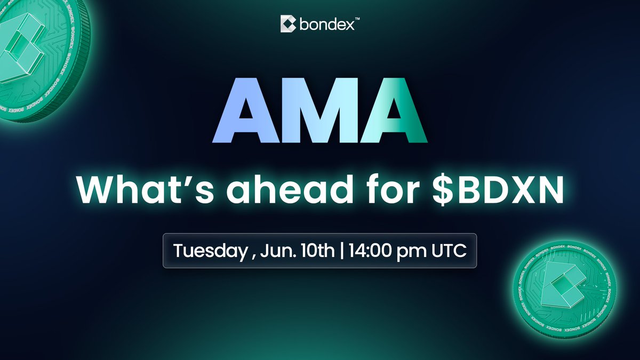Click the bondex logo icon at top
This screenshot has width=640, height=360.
[288, 23]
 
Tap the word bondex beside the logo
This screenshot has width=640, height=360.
[327, 25]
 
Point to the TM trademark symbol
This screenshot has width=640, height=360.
[357, 19]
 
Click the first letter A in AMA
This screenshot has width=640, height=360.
[246, 110]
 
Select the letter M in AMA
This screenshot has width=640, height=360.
[319, 110]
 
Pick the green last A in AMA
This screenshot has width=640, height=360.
[394, 110]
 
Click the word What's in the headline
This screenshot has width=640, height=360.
[145, 189]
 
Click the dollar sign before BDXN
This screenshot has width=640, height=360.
[443, 189]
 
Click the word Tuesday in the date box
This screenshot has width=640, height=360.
[211, 251]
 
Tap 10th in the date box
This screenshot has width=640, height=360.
[317, 251]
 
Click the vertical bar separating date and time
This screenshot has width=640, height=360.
[342, 251]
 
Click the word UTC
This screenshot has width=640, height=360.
[449, 251]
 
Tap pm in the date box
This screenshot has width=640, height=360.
[411, 252]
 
